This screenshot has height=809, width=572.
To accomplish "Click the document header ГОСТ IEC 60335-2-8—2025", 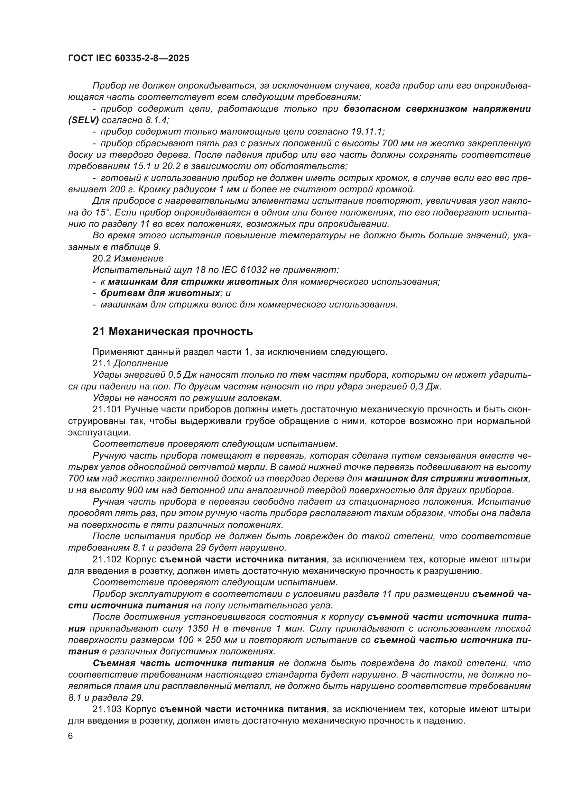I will click(x=129, y=58).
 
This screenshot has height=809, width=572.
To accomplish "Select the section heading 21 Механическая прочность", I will click(x=173, y=332).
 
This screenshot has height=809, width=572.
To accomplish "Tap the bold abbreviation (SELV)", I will click(x=83, y=120).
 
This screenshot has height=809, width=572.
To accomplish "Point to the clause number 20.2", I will click(x=102, y=259).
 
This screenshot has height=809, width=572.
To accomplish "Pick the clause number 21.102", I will click(x=107, y=559).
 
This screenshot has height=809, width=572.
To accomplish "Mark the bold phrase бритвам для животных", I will click(x=160, y=293).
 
